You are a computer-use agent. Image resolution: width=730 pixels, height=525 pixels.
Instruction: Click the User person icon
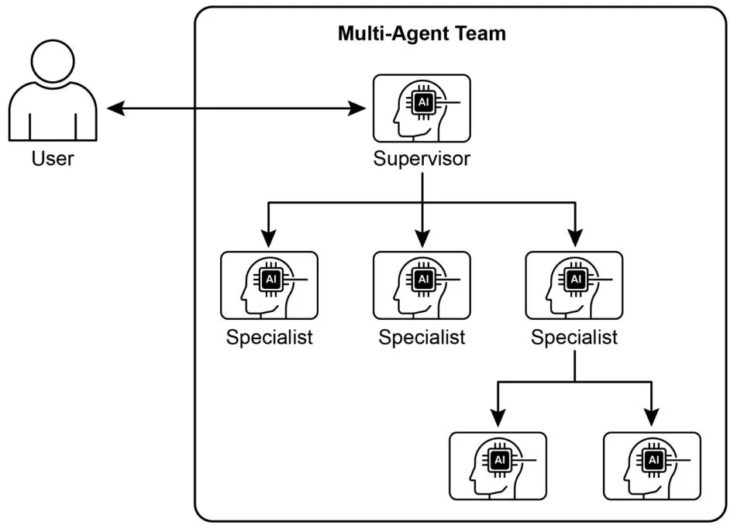point(53,93)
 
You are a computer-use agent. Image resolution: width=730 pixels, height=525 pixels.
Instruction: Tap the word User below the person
point(53,160)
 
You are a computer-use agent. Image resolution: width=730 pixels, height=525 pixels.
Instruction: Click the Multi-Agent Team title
point(422,34)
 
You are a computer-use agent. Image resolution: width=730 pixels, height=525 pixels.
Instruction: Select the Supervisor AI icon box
point(422,108)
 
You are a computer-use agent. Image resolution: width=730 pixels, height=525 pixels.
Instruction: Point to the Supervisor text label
point(422,160)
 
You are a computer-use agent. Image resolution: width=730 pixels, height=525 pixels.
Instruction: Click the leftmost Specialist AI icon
point(269,285)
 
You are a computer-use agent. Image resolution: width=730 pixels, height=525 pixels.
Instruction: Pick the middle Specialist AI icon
point(422,285)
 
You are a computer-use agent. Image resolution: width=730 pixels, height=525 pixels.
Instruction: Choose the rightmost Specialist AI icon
point(574,285)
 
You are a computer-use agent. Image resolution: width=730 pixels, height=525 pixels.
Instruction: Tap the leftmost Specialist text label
point(269,338)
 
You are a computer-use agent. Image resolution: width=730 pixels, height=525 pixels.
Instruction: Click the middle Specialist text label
point(422,338)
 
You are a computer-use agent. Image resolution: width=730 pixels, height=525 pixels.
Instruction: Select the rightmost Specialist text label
point(574,338)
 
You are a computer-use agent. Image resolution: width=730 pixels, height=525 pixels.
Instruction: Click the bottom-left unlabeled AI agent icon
point(498,465)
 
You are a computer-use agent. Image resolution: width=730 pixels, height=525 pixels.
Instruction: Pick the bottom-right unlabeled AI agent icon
point(651,465)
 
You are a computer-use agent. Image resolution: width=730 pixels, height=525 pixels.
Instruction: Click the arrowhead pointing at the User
point(115,108)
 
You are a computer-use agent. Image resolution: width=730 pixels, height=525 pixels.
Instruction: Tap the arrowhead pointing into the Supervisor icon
point(360,108)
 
